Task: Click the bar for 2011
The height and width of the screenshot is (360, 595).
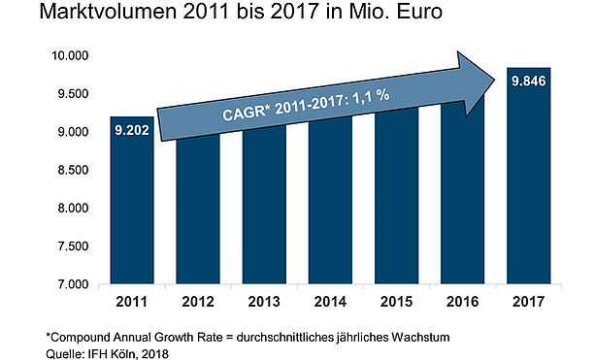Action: pyautogui.click(x=132, y=200)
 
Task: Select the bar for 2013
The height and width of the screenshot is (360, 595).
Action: pyautogui.click(x=264, y=205)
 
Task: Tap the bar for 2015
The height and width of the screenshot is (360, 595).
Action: pyautogui.click(x=397, y=196)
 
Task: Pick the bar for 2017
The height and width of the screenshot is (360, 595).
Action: pyautogui.click(x=529, y=176)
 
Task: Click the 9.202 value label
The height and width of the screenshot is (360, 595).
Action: pyautogui.click(x=132, y=130)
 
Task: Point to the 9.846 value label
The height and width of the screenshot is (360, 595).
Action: pyautogui.click(x=529, y=82)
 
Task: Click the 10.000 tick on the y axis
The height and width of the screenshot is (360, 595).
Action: pyautogui.click(x=70, y=55)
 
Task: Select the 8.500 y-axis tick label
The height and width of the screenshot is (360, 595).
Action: pyautogui.click(x=73, y=170)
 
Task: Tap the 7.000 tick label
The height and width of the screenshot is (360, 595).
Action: pyautogui.click(x=73, y=284)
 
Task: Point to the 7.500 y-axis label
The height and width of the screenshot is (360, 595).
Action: pyautogui.click(x=73, y=246)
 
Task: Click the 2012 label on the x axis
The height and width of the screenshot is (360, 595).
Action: pyautogui.click(x=198, y=302)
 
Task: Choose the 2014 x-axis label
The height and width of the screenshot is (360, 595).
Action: pyautogui.click(x=330, y=302)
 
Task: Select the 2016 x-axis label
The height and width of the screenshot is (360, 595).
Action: pyautogui.click(x=463, y=302)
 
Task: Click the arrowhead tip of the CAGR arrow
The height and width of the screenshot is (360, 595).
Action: pyautogui.click(x=495, y=80)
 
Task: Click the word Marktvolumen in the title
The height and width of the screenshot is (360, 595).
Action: pyautogui.click(x=108, y=12)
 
